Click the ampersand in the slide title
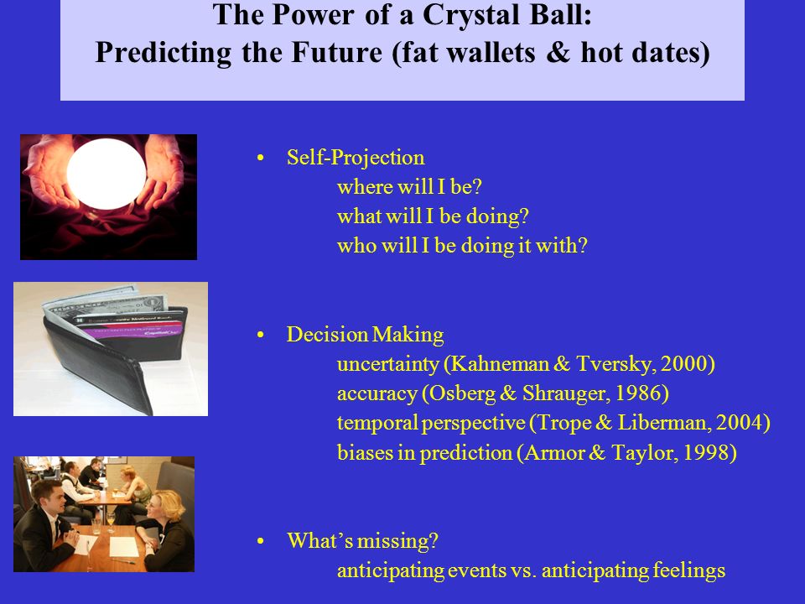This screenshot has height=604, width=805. [558, 52]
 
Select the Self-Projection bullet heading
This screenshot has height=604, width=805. [356, 158]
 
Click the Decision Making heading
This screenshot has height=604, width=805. [365, 335]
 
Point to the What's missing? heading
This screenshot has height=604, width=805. [362, 541]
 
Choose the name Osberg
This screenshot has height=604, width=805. [463, 393]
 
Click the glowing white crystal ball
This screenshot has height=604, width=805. [106, 174]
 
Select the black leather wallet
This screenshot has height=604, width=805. [116, 354]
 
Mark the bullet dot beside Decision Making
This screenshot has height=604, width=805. [260, 335]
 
